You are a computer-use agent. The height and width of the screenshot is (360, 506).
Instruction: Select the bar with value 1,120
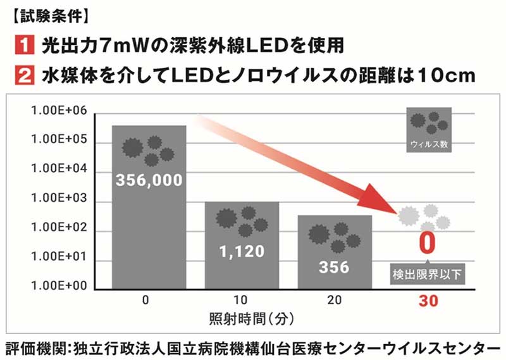click(x=242, y=247)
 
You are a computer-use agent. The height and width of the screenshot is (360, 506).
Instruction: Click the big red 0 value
click(x=428, y=244)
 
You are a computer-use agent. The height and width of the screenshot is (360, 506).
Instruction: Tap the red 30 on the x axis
click(x=428, y=302)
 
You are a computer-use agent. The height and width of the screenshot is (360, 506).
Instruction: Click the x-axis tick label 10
click(x=242, y=301)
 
